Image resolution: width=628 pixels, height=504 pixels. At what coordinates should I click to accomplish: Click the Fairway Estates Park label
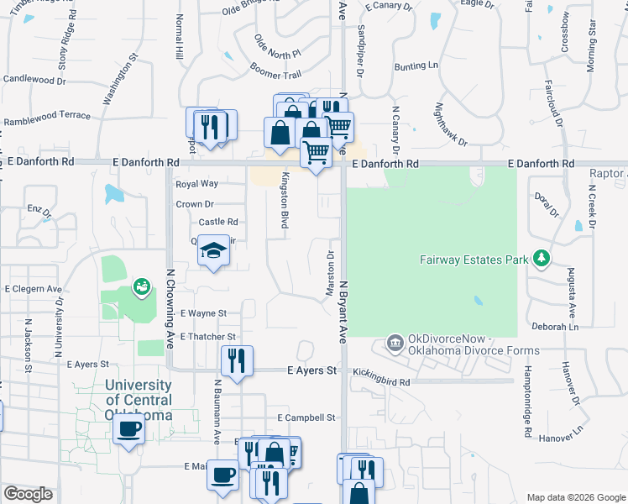point(474,260)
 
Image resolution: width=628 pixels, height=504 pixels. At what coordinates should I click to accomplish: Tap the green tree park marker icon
point(542,258)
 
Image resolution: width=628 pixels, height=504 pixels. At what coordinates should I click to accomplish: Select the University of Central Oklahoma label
point(139,400)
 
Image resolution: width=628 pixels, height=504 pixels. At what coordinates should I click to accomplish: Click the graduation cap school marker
point(214,249)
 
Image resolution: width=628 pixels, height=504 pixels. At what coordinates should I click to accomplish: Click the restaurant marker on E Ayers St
point(237,360)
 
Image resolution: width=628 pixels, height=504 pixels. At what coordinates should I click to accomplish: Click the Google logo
point(28,493)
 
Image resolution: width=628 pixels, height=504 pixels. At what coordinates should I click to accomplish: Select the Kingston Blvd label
point(285,200)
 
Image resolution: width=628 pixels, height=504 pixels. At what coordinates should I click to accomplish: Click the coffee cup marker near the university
point(129,429)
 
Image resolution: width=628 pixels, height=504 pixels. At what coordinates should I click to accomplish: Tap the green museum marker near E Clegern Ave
point(141,288)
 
